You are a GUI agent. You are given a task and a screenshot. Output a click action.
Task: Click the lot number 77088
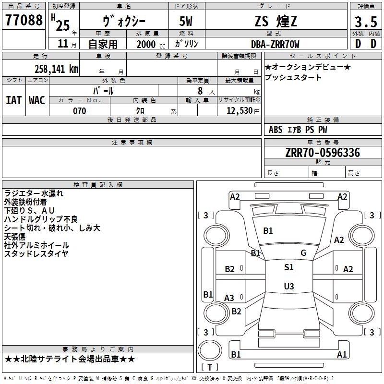(x=24, y=20)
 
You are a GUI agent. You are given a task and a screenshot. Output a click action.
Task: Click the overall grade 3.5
(x=366, y=22)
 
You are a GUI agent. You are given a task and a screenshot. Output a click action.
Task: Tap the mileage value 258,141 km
(x=56, y=69)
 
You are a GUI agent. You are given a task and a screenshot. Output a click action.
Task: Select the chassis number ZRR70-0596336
(x=323, y=153)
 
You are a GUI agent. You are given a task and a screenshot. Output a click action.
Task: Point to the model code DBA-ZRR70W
(x=275, y=44)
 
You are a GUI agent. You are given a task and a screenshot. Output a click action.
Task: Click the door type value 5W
(x=186, y=21)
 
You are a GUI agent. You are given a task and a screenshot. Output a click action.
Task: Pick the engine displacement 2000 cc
(x=151, y=44)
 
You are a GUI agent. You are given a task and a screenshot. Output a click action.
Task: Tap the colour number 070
(x=80, y=111)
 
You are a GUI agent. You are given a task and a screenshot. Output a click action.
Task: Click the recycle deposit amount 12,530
(x=240, y=111)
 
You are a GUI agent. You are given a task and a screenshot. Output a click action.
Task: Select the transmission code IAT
(x=14, y=100)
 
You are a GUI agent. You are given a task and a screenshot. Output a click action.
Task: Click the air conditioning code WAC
(x=37, y=100)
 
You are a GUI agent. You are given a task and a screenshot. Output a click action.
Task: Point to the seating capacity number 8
(x=200, y=91)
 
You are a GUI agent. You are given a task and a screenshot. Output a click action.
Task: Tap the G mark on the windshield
(x=303, y=252)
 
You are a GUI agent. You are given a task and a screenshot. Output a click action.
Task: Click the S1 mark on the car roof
(x=289, y=267)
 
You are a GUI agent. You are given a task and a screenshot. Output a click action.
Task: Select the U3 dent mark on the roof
(x=289, y=286)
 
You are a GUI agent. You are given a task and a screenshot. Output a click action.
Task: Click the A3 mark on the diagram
(x=229, y=298)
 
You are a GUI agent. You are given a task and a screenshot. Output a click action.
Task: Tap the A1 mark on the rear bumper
(x=342, y=354)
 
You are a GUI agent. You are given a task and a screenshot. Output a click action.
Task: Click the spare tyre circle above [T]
(x=210, y=350)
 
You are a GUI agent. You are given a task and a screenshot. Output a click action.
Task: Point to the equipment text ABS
(x=276, y=130)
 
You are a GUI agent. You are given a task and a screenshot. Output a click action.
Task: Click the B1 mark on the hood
(x=268, y=231)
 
